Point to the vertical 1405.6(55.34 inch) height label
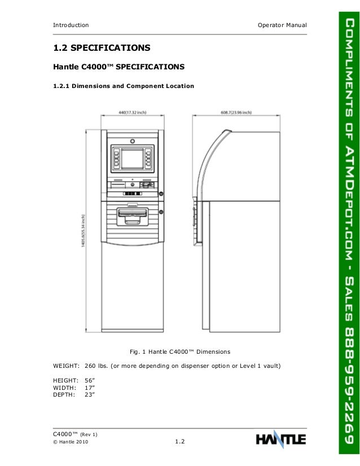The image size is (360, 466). (x=84, y=230)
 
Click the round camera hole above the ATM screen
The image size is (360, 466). (x=132, y=140)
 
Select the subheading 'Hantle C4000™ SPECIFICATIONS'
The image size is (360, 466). (x=118, y=67)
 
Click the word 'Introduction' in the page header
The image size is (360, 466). (x=71, y=25)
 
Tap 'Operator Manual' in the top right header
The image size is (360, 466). (x=282, y=25)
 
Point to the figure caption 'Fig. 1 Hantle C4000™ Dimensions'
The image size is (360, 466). (x=179, y=352)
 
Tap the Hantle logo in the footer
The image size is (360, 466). (x=280, y=439)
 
